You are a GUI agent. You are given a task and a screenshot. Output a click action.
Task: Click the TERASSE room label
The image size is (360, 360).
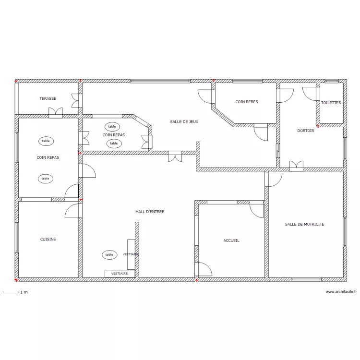(48, 98)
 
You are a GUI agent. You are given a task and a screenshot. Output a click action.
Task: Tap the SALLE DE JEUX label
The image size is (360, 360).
(184, 122)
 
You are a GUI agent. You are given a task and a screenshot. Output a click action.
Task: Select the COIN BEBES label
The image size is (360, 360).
(247, 102)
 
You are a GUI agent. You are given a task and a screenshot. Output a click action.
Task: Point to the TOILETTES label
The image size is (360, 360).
(331, 103)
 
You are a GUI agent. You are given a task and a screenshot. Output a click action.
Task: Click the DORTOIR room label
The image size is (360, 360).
(306, 131)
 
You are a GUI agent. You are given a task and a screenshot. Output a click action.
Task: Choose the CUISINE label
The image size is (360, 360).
(48, 239)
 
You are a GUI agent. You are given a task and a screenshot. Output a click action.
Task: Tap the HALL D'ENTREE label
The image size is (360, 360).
(150, 212)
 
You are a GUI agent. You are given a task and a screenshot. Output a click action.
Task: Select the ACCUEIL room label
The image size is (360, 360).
(231, 240)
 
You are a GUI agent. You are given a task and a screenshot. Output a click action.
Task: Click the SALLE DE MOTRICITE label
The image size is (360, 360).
(304, 224)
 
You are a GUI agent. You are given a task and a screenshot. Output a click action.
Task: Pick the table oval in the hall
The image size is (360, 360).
(109, 254)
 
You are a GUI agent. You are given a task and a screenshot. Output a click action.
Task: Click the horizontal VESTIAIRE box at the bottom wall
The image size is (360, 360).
(120, 274)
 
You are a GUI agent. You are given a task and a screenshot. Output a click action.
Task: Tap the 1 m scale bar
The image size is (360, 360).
(11, 292)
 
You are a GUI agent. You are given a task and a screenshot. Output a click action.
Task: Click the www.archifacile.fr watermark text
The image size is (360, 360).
(341, 292)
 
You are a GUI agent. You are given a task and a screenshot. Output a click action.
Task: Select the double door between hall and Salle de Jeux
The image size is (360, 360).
(175, 156)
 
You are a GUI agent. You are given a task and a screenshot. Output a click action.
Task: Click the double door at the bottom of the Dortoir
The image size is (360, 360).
(296, 166)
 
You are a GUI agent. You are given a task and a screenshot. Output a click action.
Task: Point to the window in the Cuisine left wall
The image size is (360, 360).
(16, 238)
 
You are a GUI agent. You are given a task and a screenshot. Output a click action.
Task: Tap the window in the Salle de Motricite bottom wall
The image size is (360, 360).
(306, 279)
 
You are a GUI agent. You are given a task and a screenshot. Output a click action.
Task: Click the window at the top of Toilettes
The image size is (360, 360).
(332, 81)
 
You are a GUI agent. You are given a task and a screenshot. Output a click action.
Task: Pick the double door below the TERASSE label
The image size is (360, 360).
(56, 113)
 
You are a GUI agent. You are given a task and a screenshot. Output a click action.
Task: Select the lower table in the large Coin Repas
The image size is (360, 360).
(46, 179)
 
